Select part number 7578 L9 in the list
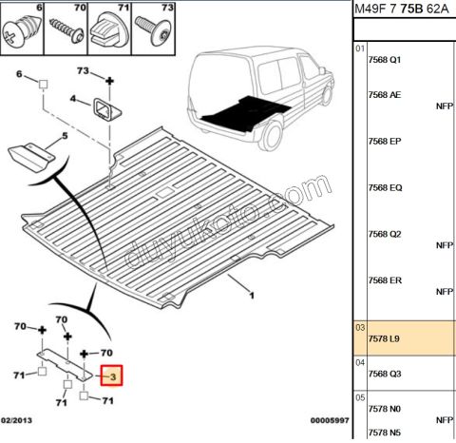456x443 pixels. click(384, 339)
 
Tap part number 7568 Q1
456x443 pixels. click(385, 60)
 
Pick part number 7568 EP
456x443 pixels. click(385, 142)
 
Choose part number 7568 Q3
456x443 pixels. click(385, 374)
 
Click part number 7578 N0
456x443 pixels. click(385, 409)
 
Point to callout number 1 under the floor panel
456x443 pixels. click(252, 296)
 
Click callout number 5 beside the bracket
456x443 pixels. click(65, 136)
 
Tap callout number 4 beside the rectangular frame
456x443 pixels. click(73, 99)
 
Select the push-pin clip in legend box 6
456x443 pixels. click(22, 31)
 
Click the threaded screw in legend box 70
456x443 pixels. click(67, 30)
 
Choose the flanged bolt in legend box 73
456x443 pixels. click(154, 30)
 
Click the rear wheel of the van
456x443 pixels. click(271, 136)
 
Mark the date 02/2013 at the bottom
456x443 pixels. click(16, 420)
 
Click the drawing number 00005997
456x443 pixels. click(330, 420)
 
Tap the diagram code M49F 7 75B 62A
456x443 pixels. click(402, 9)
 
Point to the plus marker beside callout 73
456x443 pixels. click(109, 81)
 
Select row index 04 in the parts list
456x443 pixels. click(360, 363)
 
